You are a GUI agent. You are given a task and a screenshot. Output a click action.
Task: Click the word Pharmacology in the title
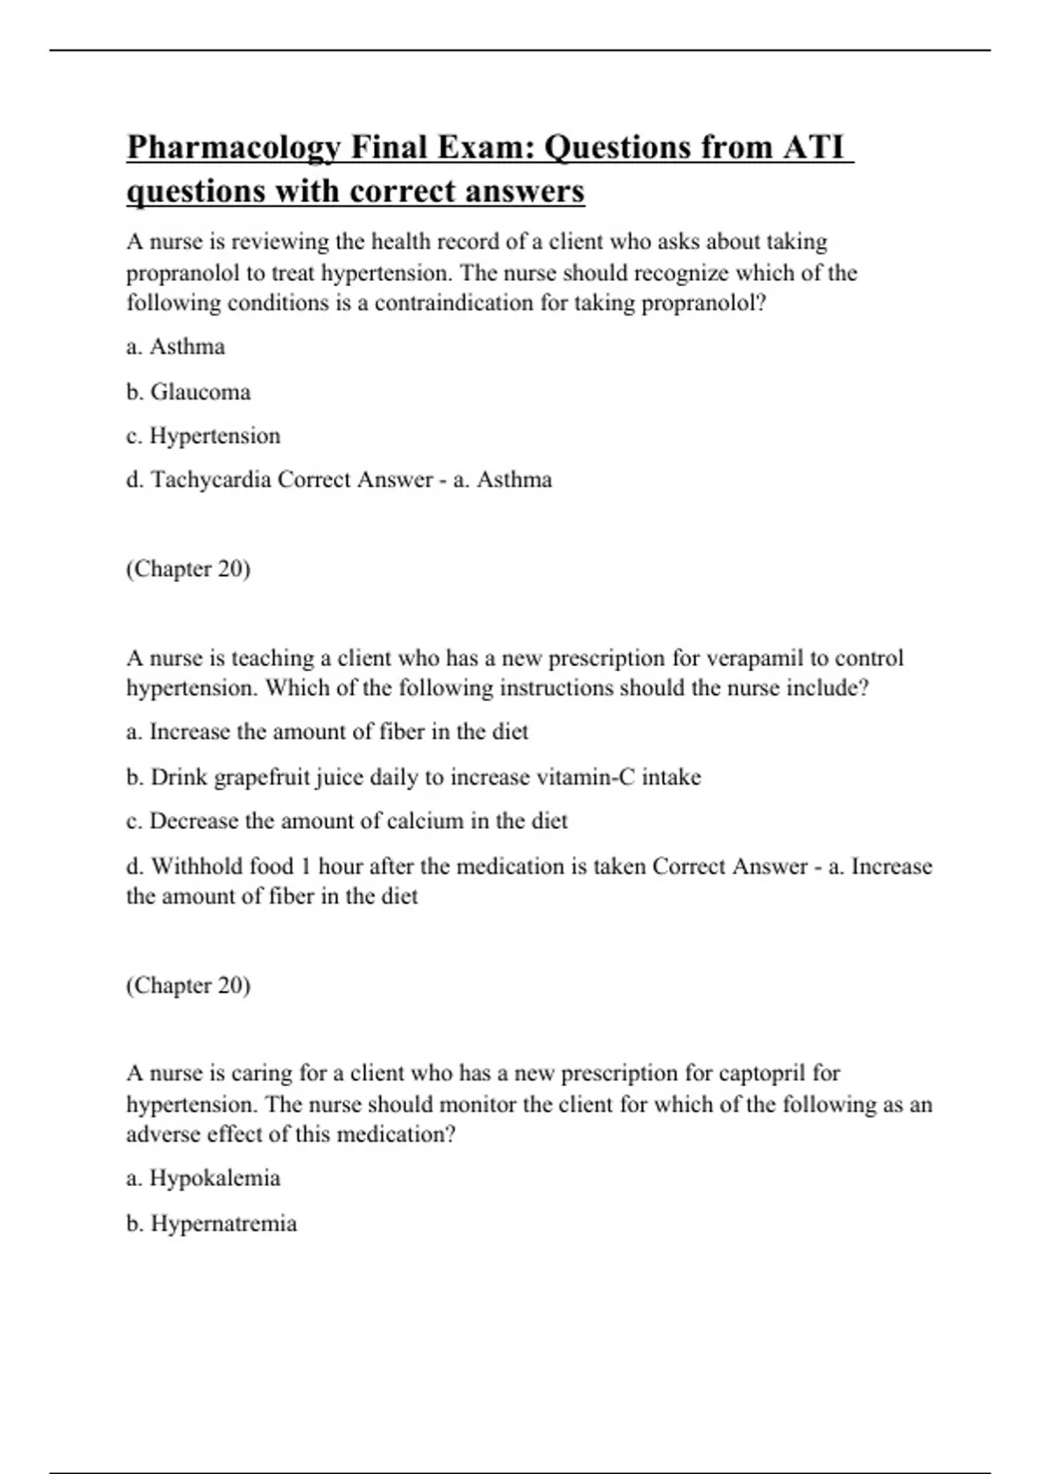(x=233, y=148)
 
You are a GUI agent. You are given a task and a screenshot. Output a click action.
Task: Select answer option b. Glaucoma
(x=188, y=392)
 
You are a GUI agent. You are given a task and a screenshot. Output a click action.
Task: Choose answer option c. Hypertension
(x=203, y=436)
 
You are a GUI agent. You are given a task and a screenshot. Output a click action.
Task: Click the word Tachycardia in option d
(x=211, y=479)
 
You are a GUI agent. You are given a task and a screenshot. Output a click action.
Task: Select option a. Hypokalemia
(x=203, y=1178)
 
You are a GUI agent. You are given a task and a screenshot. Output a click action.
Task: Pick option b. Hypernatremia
(x=212, y=1223)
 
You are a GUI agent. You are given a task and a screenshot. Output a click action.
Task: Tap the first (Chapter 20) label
(x=188, y=569)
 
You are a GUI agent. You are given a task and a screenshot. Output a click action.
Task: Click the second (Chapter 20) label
(x=188, y=986)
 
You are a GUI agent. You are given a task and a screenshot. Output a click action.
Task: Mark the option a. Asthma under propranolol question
(x=175, y=347)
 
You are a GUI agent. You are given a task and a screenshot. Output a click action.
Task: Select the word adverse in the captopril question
(x=160, y=1134)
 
